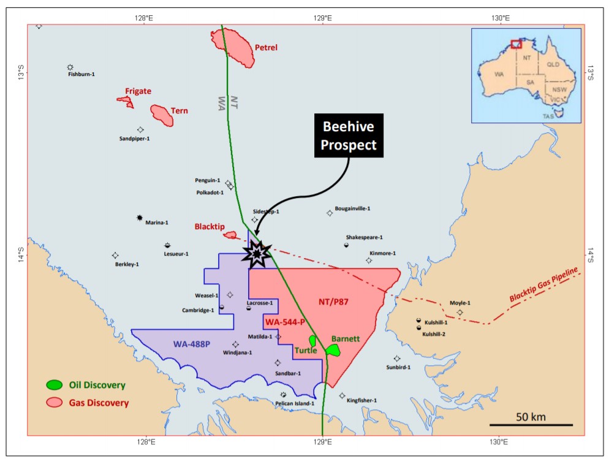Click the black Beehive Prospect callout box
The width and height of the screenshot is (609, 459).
pos(349,135)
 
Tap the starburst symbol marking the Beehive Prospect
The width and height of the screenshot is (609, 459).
pos(257,252)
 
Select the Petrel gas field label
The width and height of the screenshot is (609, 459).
pos(266,47)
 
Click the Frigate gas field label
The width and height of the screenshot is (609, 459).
pos(138,91)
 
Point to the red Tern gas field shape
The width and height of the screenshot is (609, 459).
pos(162,115)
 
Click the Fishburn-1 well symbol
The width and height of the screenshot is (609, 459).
pos(70,67)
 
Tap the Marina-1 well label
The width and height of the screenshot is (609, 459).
pos(157,222)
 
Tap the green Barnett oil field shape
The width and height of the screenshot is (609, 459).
pos(333,349)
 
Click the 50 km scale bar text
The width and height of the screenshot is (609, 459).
pos(530,417)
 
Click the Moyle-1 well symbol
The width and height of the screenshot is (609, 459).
pos(460,313)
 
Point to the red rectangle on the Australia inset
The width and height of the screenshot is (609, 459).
pos(516,44)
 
